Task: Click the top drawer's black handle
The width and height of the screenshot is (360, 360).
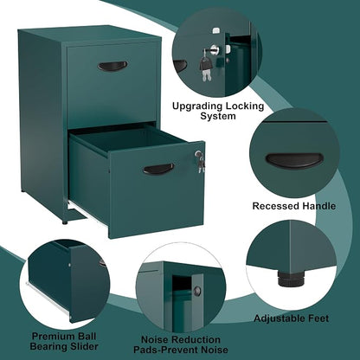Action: (x=112, y=66)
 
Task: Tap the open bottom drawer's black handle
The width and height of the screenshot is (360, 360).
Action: (x=158, y=169)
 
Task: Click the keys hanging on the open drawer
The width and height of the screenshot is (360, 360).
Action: (x=200, y=161)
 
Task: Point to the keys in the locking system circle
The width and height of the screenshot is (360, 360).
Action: (x=204, y=66)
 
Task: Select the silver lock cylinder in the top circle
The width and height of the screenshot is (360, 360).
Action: (x=215, y=49)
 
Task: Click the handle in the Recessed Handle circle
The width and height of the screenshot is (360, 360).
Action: (x=294, y=161)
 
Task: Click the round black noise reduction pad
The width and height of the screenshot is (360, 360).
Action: (x=197, y=290)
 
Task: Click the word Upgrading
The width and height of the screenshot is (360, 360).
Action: (x=197, y=106)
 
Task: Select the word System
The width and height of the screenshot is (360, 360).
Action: (x=218, y=116)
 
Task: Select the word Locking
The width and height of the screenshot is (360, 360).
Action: (x=245, y=106)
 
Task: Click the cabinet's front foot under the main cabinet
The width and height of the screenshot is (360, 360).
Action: (x=65, y=222)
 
